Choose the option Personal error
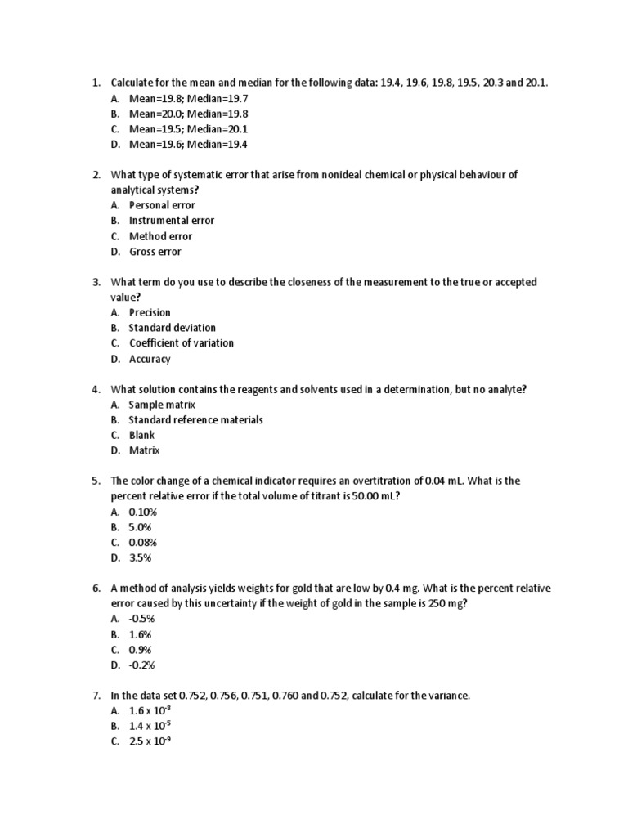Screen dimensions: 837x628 point(162,205)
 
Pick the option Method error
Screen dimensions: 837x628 point(160,236)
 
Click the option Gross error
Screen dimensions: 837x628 point(155,252)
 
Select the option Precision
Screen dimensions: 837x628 point(150,312)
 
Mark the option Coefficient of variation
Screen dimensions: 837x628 point(181,343)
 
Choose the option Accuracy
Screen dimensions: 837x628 point(150,359)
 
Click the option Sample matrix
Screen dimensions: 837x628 point(162,405)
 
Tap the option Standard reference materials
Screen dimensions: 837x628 point(195,420)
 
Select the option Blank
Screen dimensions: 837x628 point(141,436)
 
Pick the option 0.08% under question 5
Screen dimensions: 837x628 point(143,543)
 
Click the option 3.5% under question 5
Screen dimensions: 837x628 point(141,558)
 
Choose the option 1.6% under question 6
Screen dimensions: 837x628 point(141,634)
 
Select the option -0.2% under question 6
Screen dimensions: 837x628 point(142,665)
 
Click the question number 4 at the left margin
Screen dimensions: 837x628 point(96,390)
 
